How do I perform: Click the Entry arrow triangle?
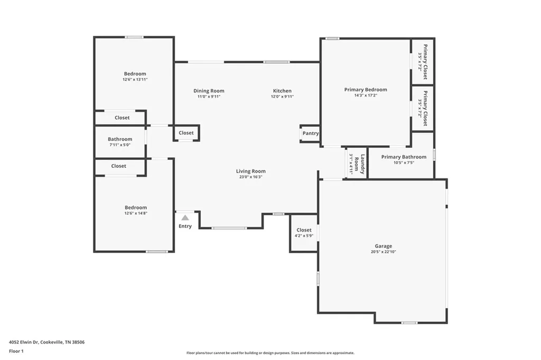pyautogui.click(x=185, y=217)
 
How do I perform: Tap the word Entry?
pyautogui.click(x=185, y=226)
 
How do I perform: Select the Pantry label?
pyautogui.click(x=311, y=133)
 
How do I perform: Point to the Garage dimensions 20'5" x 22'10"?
pyautogui.click(x=384, y=252)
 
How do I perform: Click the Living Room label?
pyautogui.click(x=251, y=171)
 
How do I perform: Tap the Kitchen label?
pyautogui.click(x=282, y=91)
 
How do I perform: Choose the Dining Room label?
pyautogui.click(x=209, y=91)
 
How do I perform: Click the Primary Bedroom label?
pyautogui.click(x=366, y=90)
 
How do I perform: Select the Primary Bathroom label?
pyautogui.click(x=404, y=157)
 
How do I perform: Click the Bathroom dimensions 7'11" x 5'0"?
pyautogui.click(x=120, y=145)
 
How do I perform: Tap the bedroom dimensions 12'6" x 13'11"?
pyautogui.click(x=135, y=79)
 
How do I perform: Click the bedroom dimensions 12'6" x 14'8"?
pyautogui.click(x=136, y=213)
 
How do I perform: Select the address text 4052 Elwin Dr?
pyautogui.click(x=23, y=342)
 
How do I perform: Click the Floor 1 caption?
pyautogui.click(x=16, y=351)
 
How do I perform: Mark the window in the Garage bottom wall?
pyautogui.click(x=409, y=323)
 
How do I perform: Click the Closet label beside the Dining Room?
pyautogui.click(x=186, y=133)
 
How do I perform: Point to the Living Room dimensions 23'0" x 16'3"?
pyautogui.click(x=251, y=177)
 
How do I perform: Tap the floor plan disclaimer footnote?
pyautogui.click(x=270, y=353)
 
